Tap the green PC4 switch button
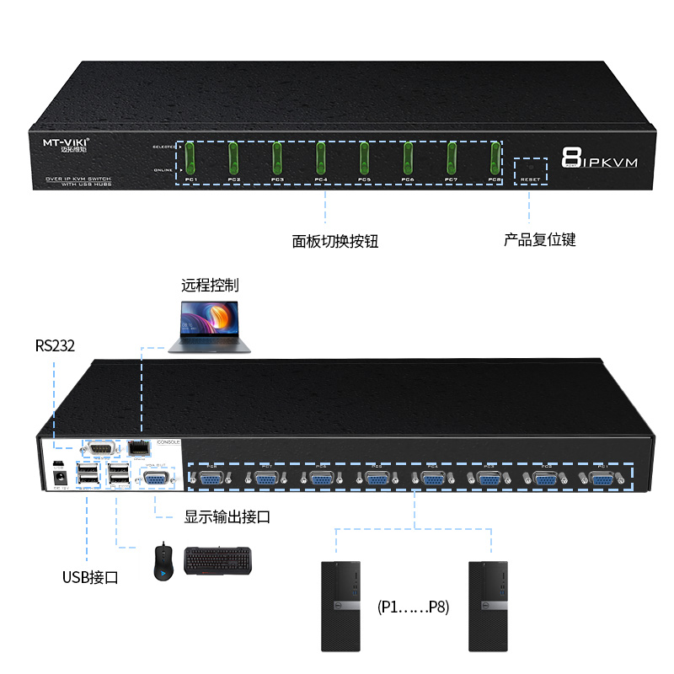(x=321, y=156)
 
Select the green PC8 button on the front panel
(x=495, y=156)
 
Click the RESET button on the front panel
(x=531, y=167)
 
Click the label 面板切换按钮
(x=335, y=240)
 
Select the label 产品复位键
(x=540, y=239)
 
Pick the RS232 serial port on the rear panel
(x=99, y=449)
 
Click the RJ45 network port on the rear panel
(x=137, y=449)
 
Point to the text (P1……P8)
(x=414, y=607)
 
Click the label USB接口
(x=90, y=577)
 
